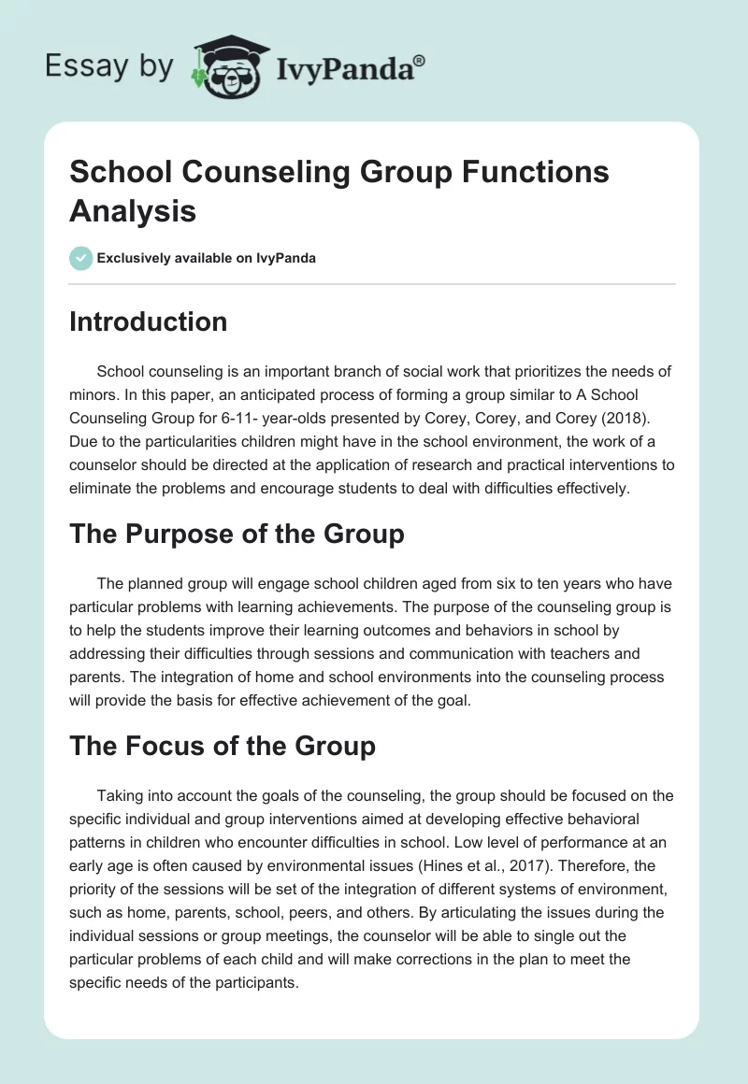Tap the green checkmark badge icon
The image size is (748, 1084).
pyautogui.click(x=81, y=258)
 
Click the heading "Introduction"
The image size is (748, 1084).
pyautogui.click(x=148, y=321)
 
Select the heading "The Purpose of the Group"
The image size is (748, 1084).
pyautogui.click(x=237, y=534)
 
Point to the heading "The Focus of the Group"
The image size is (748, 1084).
pyautogui.click(x=223, y=746)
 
